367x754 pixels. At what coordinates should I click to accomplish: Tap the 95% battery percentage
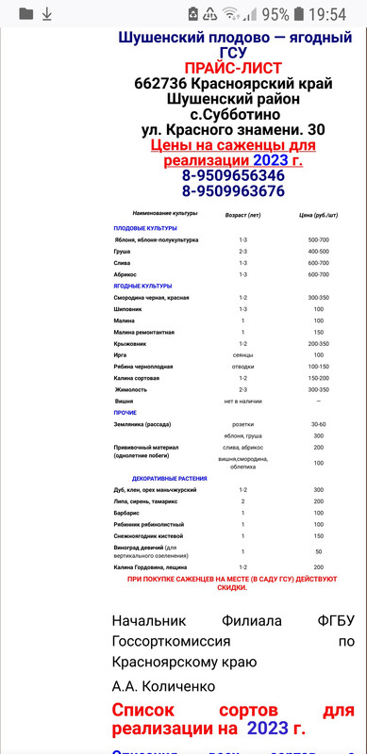pos(275,13)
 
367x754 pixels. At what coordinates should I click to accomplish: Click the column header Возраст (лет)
pos(242,215)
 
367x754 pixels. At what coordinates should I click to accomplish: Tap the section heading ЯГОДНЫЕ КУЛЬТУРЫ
pos(142,286)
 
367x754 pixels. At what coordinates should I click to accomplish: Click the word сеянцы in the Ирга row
pos(242,354)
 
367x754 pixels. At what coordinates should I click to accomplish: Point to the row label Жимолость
pos(132,388)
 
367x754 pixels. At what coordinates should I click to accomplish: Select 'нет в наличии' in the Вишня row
pos(242,401)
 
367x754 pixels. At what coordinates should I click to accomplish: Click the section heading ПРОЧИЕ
pos(125,413)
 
